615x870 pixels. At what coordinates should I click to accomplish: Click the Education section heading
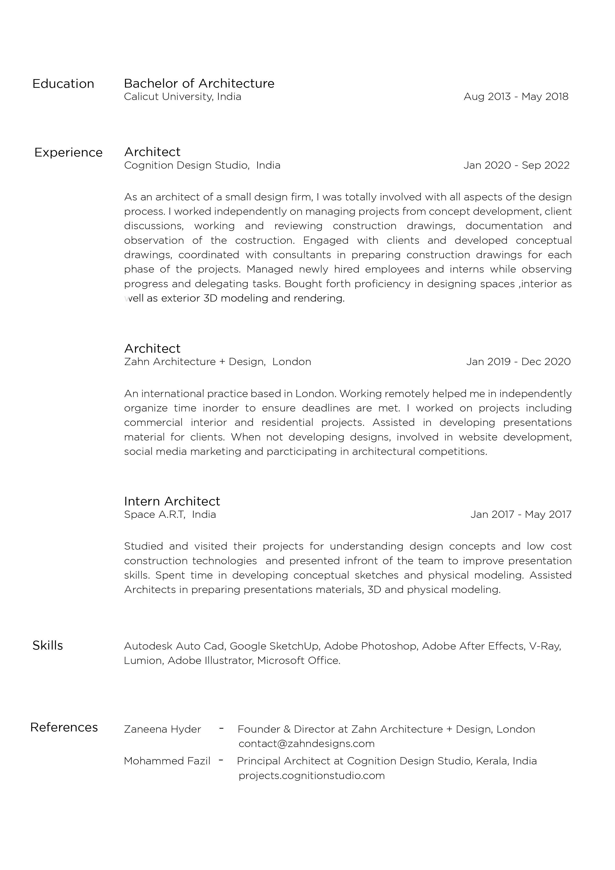(63, 84)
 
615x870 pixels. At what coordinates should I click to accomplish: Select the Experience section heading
(69, 152)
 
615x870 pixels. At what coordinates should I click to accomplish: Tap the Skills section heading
(48, 646)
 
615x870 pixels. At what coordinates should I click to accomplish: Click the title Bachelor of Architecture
(199, 83)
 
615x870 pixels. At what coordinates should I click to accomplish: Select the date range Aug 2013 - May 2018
(516, 97)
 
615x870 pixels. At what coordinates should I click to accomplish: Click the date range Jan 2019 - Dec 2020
(518, 362)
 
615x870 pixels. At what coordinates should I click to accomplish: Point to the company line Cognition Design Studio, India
(202, 165)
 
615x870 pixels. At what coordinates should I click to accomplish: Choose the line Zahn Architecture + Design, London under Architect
(217, 362)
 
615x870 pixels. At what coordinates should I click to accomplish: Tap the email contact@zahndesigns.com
(306, 744)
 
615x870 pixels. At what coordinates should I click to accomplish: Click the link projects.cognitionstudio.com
(311, 776)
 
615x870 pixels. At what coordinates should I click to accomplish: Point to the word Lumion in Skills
(143, 660)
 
